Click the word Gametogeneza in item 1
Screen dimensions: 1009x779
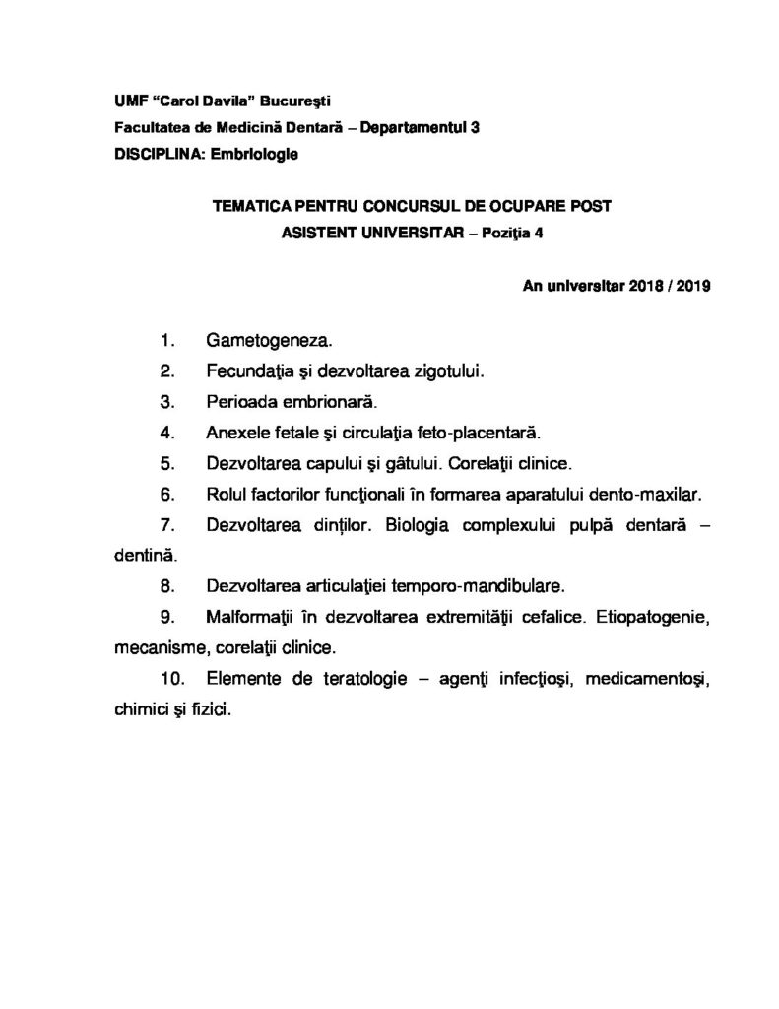pos(269,342)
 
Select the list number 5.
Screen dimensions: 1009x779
pos(166,463)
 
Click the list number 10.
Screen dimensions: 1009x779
pos(170,679)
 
